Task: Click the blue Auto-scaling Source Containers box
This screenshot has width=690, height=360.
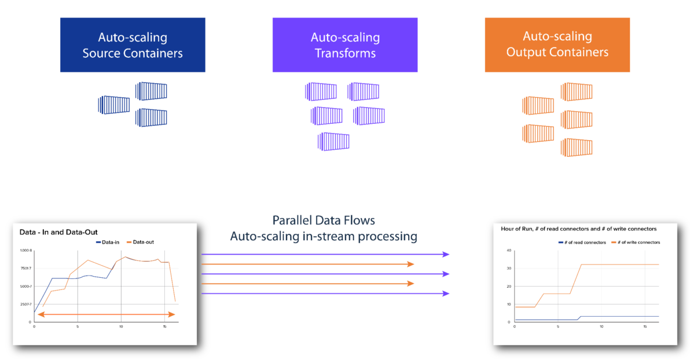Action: tap(132, 45)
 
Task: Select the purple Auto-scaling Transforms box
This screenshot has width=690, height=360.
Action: tap(345, 45)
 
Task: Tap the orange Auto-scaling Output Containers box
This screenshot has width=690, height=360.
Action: tap(557, 44)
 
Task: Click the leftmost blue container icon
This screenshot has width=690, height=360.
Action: tap(114, 105)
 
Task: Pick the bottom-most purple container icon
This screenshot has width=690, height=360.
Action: tap(333, 142)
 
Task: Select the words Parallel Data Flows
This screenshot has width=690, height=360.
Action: tap(324, 221)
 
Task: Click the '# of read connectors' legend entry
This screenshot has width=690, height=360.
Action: tap(582, 242)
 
